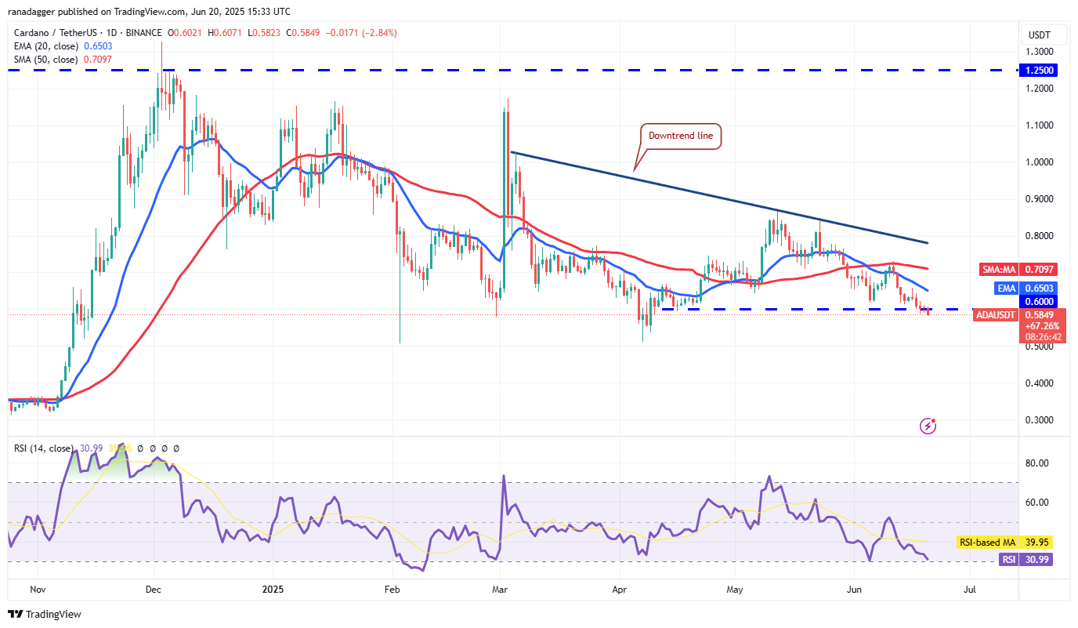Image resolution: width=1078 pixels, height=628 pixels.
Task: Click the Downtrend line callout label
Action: pos(680,136)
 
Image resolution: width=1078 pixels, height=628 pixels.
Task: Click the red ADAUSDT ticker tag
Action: pos(995,315)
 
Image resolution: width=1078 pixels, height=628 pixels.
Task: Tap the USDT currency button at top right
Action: pos(1039,35)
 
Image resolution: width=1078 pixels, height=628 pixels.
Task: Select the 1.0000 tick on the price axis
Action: pos(1040,162)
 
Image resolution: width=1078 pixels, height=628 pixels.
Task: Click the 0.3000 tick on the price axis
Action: pos(1040,420)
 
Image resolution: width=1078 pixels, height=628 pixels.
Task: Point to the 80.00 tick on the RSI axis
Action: pos(1037,463)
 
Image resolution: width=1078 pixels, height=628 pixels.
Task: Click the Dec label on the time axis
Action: pos(154,588)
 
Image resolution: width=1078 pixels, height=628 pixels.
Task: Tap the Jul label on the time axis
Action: pos(970,588)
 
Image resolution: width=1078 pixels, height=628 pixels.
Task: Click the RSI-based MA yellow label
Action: pos(986,543)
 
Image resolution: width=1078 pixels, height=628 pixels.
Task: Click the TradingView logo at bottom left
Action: pos(45,615)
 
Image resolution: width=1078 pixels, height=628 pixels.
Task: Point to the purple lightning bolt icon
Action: pos(928,426)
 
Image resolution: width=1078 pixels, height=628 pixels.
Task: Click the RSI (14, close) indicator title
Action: pos(45,448)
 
